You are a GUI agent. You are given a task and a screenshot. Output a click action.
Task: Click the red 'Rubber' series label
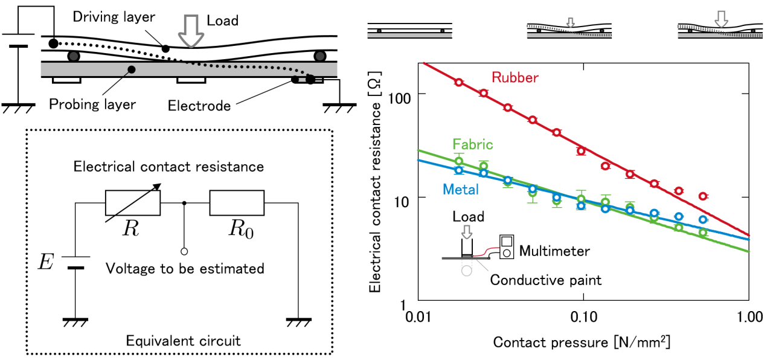[515, 77]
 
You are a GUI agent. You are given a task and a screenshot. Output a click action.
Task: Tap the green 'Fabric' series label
[473, 144]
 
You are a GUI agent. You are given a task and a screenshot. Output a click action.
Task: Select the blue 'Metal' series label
[461, 189]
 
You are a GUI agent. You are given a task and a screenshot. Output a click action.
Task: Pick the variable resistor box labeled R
[133, 203]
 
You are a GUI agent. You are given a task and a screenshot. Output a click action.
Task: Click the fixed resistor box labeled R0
[237, 203]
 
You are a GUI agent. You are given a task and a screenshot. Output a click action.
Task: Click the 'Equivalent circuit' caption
[183, 341]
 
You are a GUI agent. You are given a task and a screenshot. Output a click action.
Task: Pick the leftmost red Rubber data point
[458, 82]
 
